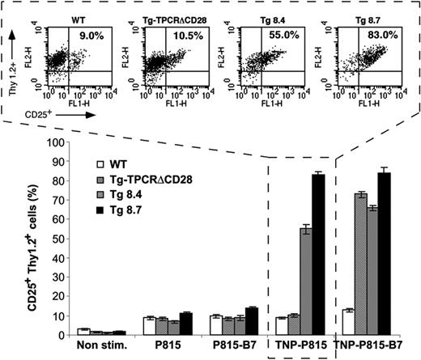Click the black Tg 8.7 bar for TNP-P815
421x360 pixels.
[317, 266]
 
